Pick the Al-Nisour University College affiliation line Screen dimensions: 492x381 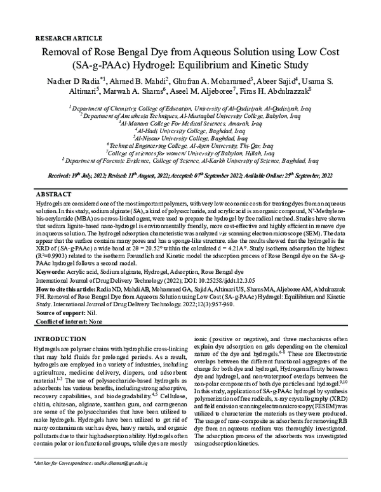pos(190,137)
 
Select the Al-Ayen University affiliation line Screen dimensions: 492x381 pos(190,145)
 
